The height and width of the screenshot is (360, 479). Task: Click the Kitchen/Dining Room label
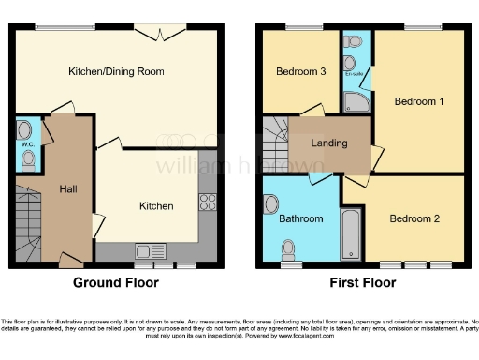pyautogui.click(x=116, y=71)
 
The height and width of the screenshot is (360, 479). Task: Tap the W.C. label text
pyautogui.click(x=26, y=144)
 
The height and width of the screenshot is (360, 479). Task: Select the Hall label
pyautogui.click(x=67, y=187)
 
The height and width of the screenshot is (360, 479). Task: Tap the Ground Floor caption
pyautogui.click(x=116, y=282)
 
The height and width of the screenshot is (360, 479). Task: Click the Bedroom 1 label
pyautogui.click(x=416, y=100)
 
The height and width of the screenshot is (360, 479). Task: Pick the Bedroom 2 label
pyautogui.click(x=414, y=218)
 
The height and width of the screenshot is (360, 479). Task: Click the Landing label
pyautogui.click(x=328, y=143)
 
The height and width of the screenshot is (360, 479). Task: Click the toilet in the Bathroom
pyautogui.click(x=288, y=248)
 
